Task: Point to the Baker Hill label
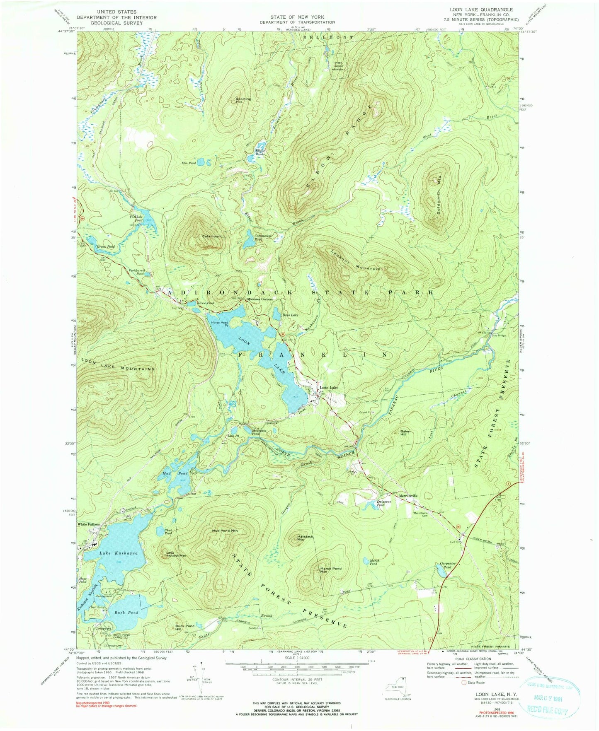[405, 433]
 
